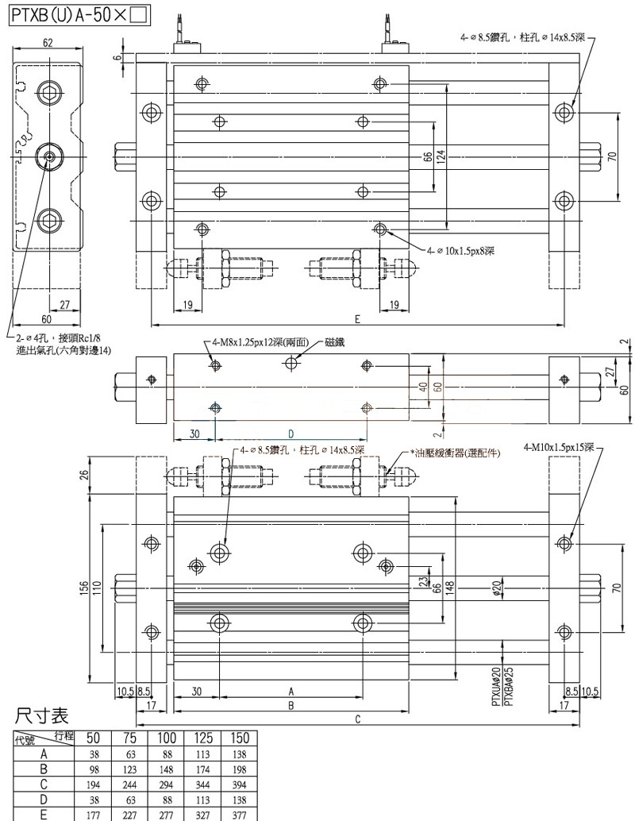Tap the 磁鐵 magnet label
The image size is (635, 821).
(335, 342)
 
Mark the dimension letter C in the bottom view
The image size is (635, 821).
(358, 719)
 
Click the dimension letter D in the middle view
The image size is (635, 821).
(291, 434)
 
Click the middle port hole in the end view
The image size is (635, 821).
(48, 156)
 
